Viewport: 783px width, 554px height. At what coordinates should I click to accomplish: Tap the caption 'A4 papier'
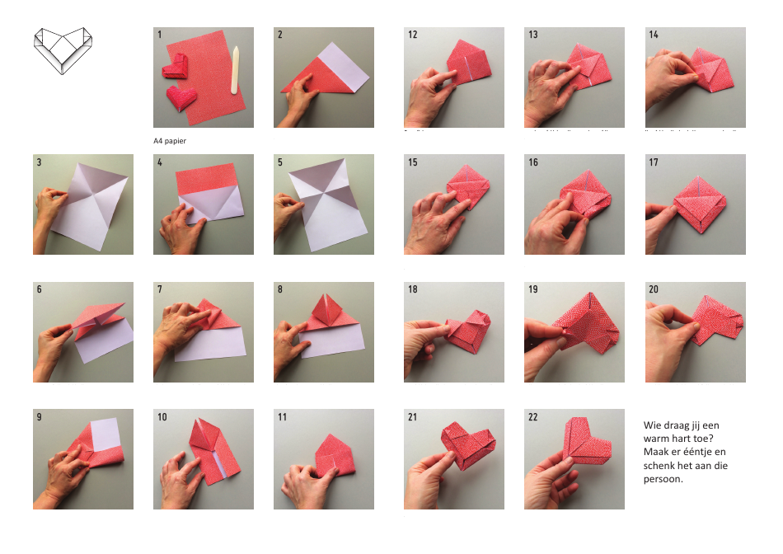click(175, 141)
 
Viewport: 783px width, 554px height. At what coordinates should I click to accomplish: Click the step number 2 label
click(280, 35)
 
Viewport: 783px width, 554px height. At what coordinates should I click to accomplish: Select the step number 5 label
click(280, 162)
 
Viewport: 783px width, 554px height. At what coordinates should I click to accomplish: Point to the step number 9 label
click(40, 418)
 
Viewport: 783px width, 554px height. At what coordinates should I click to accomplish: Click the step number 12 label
click(412, 35)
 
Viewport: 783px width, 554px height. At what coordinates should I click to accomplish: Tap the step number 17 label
click(654, 162)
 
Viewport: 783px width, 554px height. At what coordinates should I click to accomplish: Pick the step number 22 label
click(533, 418)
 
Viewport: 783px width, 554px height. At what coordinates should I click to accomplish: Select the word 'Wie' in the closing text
click(652, 425)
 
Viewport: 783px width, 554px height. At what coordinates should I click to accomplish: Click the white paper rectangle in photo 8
click(338, 337)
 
